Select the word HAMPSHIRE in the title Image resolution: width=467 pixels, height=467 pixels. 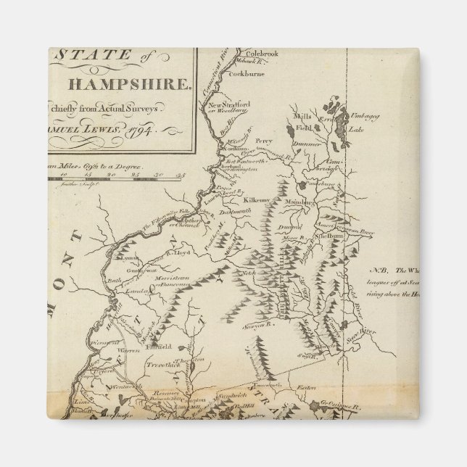pos(129,83)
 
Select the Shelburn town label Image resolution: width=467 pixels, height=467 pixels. pos(330,236)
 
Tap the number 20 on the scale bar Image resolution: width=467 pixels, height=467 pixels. pos(111,175)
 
